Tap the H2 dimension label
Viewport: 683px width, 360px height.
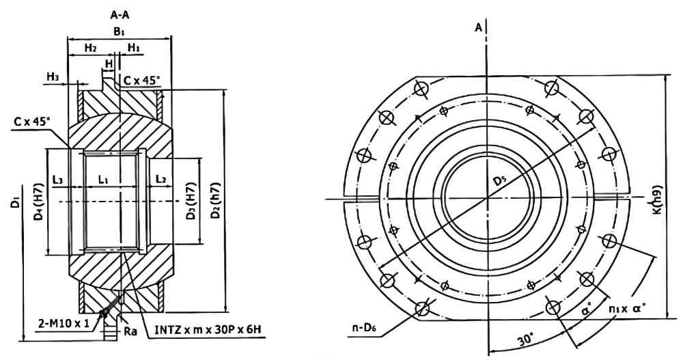pyautogui.click(x=90, y=47)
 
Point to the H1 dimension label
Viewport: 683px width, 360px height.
pyautogui.click(x=134, y=47)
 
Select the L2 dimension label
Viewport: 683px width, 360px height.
pyautogui.click(x=161, y=179)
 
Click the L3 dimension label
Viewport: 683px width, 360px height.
pyautogui.click(x=58, y=179)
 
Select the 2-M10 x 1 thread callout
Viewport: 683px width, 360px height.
pyautogui.click(x=63, y=322)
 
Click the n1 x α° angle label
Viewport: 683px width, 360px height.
pyautogui.click(x=628, y=309)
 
